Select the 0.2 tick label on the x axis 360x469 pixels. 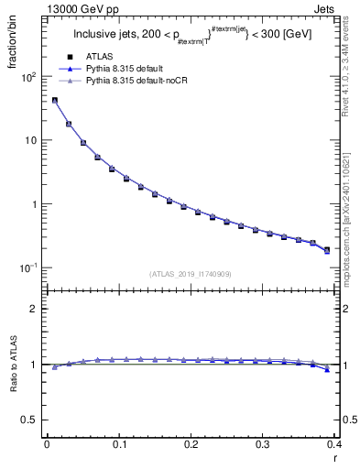pyautogui.click(x=191, y=443)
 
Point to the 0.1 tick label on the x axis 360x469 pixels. pyautogui.click(x=118, y=443)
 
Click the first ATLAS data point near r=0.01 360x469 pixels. pyautogui.click(x=54, y=101)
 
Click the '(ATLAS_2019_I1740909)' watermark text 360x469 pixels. pyautogui.click(x=191, y=274)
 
